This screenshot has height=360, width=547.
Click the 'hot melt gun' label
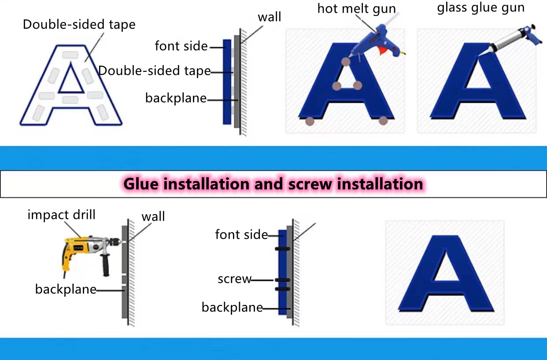point(356,8)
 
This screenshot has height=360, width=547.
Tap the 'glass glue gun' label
point(481,8)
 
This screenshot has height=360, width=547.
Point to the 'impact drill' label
point(61,215)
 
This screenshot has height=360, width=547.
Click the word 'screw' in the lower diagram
point(234,279)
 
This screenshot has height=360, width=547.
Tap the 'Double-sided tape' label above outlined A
point(79,24)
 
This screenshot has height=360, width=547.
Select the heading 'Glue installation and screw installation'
point(273,183)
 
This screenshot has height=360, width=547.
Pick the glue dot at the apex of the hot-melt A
point(346,62)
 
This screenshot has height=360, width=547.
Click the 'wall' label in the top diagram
point(269,17)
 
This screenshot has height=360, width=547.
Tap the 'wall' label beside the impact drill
point(153,216)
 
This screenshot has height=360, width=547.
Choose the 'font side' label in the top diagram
point(181,46)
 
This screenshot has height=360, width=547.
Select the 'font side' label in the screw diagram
point(241,234)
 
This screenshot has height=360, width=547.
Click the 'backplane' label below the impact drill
point(66,289)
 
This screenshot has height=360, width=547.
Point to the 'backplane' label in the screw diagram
point(232,307)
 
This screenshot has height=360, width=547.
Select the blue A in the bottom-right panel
point(445,273)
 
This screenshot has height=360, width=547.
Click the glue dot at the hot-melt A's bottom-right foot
point(383,120)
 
